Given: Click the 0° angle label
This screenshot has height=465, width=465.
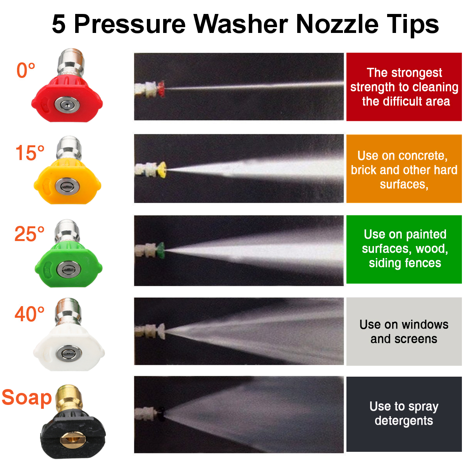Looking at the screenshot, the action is pos(26,70).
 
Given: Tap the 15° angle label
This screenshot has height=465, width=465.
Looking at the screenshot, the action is pos(30,153).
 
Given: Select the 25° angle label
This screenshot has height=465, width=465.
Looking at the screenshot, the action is pos(29,234).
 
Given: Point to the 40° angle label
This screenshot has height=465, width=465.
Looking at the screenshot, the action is pos(29,314).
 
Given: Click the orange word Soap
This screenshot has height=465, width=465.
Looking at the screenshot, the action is pos(27,398).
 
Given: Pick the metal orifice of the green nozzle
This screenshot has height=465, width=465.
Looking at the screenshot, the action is pos(69,269).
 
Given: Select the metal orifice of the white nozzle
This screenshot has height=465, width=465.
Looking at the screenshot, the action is pos(69,354).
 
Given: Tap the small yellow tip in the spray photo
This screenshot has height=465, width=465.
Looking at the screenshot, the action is pos(162,170).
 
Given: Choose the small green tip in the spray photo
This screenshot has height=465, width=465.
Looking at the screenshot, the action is pos(160,250).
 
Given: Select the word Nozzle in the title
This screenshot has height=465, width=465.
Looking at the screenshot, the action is pos(337,24).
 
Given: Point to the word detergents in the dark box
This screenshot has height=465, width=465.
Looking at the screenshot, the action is pos(404,421).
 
